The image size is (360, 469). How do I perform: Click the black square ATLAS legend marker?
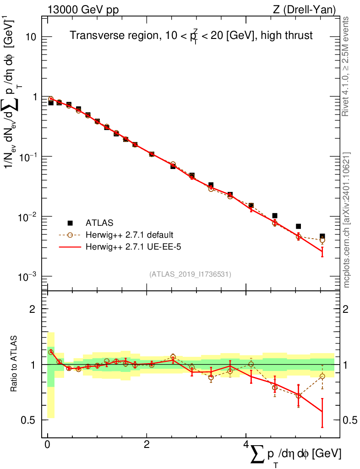70,223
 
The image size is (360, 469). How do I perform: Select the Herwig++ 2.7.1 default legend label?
129,235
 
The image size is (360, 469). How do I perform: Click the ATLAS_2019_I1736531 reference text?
190,274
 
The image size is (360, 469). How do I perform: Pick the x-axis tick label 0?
48,445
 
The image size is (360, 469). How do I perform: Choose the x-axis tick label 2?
147,445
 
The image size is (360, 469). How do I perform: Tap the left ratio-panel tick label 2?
33,309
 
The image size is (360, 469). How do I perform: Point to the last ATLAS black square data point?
322,236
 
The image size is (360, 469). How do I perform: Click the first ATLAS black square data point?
51,103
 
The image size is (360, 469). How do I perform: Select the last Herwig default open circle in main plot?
322,240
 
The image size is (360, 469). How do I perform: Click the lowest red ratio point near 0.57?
322,412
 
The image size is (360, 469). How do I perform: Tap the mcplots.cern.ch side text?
347,220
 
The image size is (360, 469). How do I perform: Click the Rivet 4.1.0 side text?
347,66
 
